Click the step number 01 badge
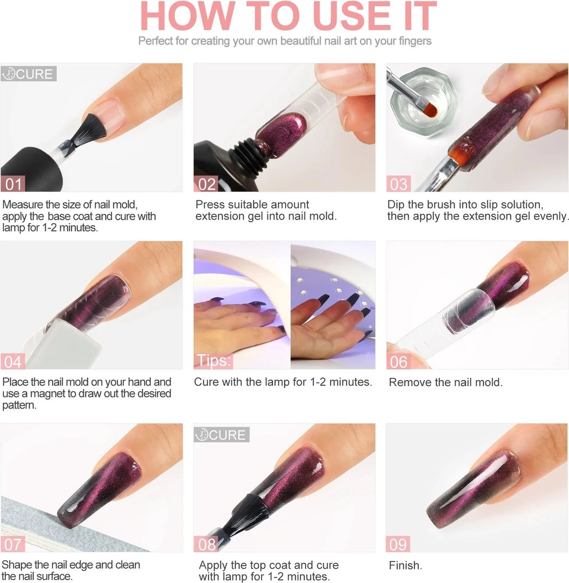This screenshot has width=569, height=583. tap(13, 184)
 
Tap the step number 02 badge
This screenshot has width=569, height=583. tap(206, 184)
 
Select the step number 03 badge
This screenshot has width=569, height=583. tap(398, 184)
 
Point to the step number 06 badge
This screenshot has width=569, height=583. tap(398, 362)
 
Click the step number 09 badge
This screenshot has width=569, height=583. tap(398, 544)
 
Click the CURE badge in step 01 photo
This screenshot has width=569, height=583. tap(29, 74)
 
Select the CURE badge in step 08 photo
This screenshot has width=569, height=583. tap(221, 434)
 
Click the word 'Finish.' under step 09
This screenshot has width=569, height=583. tap(405, 566)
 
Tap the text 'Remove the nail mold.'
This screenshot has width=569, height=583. tap(445, 382)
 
